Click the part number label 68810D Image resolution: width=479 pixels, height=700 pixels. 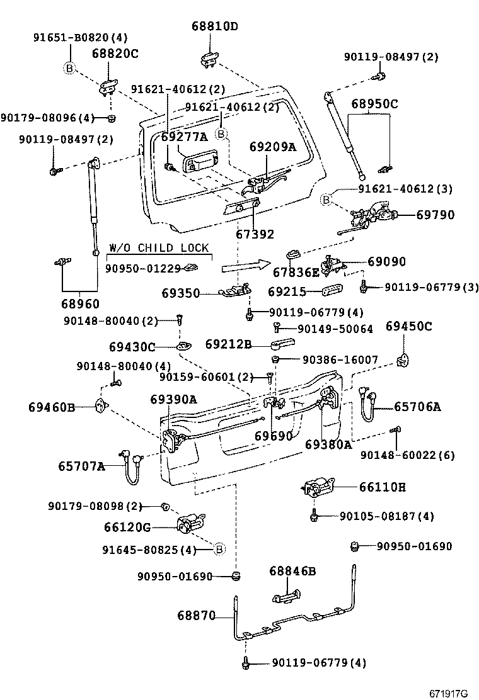click(x=215, y=26)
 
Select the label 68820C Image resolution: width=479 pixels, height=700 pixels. click(x=115, y=54)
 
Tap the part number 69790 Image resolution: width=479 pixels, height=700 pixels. click(x=434, y=215)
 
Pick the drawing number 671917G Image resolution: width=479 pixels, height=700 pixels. click(x=449, y=693)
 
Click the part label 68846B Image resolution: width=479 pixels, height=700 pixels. click(x=292, y=571)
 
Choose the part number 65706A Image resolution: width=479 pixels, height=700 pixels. click(x=417, y=407)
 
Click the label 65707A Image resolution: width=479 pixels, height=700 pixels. click(x=81, y=466)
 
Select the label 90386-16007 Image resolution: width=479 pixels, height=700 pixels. click(x=340, y=360)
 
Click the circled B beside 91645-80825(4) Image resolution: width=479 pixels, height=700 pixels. click(x=219, y=550)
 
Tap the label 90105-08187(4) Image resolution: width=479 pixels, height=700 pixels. click(x=386, y=516)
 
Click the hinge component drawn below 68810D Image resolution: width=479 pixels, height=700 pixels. click(x=209, y=60)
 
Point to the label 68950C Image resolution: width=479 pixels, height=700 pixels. click(x=374, y=103)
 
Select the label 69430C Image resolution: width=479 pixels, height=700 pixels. click(x=132, y=346)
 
